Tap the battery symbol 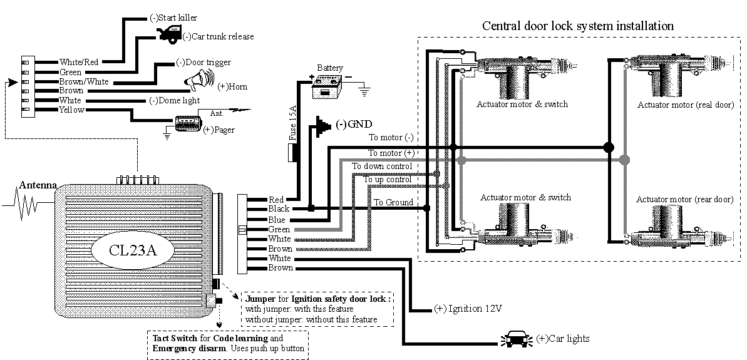[329, 85]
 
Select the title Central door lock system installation [577, 26]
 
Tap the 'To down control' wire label [381, 166]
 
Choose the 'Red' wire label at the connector [276, 200]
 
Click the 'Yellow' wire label [71, 110]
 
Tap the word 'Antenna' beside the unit [38, 185]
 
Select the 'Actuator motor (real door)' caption [685, 105]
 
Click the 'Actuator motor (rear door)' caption [684, 199]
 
